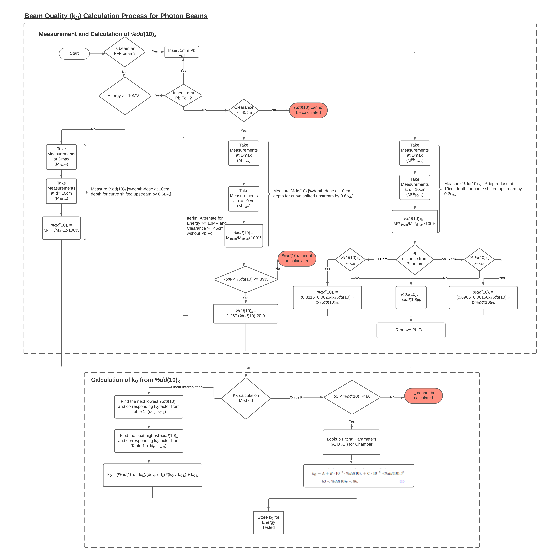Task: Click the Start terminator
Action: pyautogui.click(x=74, y=53)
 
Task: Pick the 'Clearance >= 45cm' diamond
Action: pyautogui.click(x=244, y=110)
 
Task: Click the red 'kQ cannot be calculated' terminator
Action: pyautogui.click(x=423, y=396)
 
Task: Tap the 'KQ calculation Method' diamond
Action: pyautogui.click(x=246, y=398)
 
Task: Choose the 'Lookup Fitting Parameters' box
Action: pyautogui.click(x=351, y=442)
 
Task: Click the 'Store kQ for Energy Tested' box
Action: pyautogui.click(x=268, y=522)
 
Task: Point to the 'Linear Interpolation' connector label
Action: pyautogui.click(x=187, y=387)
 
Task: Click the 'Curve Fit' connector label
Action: pyautogui.click(x=297, y=397)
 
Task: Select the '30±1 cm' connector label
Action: pyautogui.click(x=380, y=259)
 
